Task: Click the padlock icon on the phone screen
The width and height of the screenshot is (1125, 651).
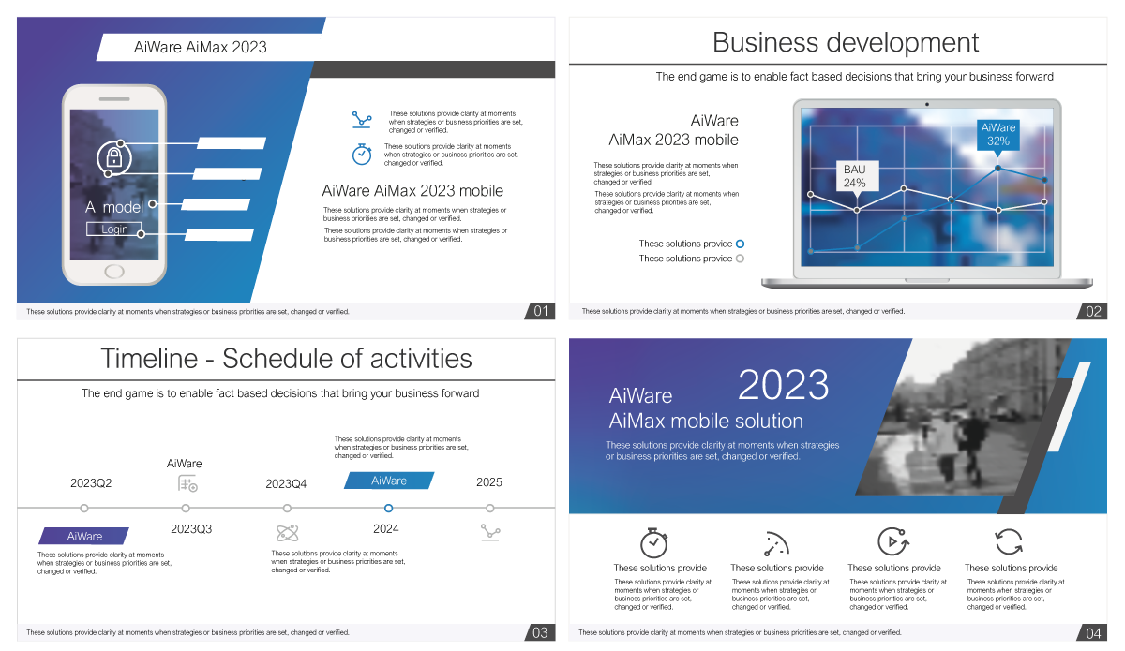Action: (x=114, y=157)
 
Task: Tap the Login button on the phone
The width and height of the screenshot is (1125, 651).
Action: (x=114, y=229)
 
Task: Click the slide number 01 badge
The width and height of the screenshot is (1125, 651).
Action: (x=540, y=311)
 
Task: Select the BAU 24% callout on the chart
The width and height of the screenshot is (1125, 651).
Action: (x=857, y=177)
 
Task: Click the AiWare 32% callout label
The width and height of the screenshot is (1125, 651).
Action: (x=997, y=135)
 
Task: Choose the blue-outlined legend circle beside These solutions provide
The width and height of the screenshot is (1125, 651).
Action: (x=740, y=244)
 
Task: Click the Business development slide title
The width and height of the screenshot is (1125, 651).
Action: (x=846, y=42)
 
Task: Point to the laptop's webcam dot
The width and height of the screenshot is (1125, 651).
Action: (x=926, y=104)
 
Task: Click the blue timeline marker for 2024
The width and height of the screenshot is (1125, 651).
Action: (x=388, y=508)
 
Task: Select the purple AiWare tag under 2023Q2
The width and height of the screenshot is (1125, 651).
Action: (x=83, y=536)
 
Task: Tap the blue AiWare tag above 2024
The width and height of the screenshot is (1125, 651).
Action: (x=389, y=481)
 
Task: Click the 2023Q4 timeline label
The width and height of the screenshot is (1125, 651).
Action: (x=286, y=484)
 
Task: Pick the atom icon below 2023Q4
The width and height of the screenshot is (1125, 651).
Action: (x=287, y=533)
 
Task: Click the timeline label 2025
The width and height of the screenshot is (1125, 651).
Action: (x=489, y=482)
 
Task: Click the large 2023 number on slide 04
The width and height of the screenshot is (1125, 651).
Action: (x=783, y=385)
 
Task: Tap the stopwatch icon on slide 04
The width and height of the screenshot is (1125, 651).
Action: (x=654, y=542)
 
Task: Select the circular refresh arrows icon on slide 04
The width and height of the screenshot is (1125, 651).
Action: (x=1009, y=542)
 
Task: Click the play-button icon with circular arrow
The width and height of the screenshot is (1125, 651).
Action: (x=892, y=541)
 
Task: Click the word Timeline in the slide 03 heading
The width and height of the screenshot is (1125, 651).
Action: (x=149, y=359)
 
